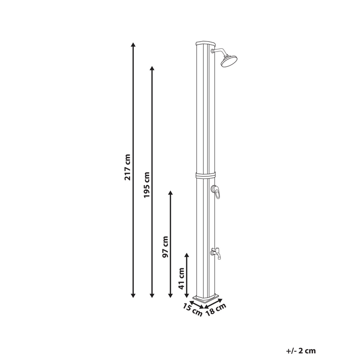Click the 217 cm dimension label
point(128,167)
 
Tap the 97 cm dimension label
point(165,247)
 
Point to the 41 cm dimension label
point(182,278)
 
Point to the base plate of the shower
point(206,298)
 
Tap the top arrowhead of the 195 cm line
point(152,68)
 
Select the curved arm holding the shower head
point(219,52)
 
